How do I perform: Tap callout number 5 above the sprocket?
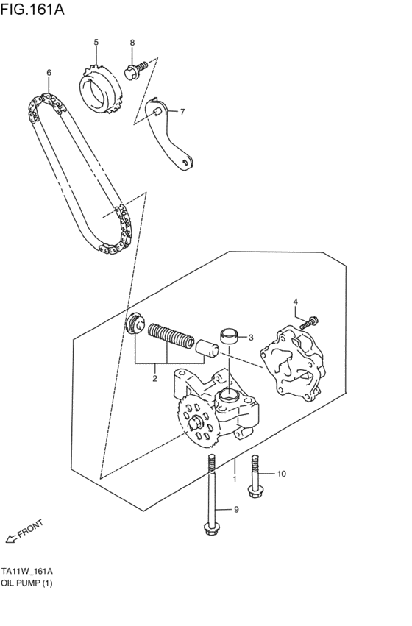click(96, 43)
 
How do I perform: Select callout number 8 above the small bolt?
click(132, 44)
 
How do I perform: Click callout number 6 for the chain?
click(49, 73)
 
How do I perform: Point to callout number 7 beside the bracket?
click(182, 112)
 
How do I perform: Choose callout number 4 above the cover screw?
click(295, 302)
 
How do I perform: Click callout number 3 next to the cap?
click(250, 338)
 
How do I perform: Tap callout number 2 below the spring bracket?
click(155, 378)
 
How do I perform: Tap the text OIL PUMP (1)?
click(27, 583)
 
